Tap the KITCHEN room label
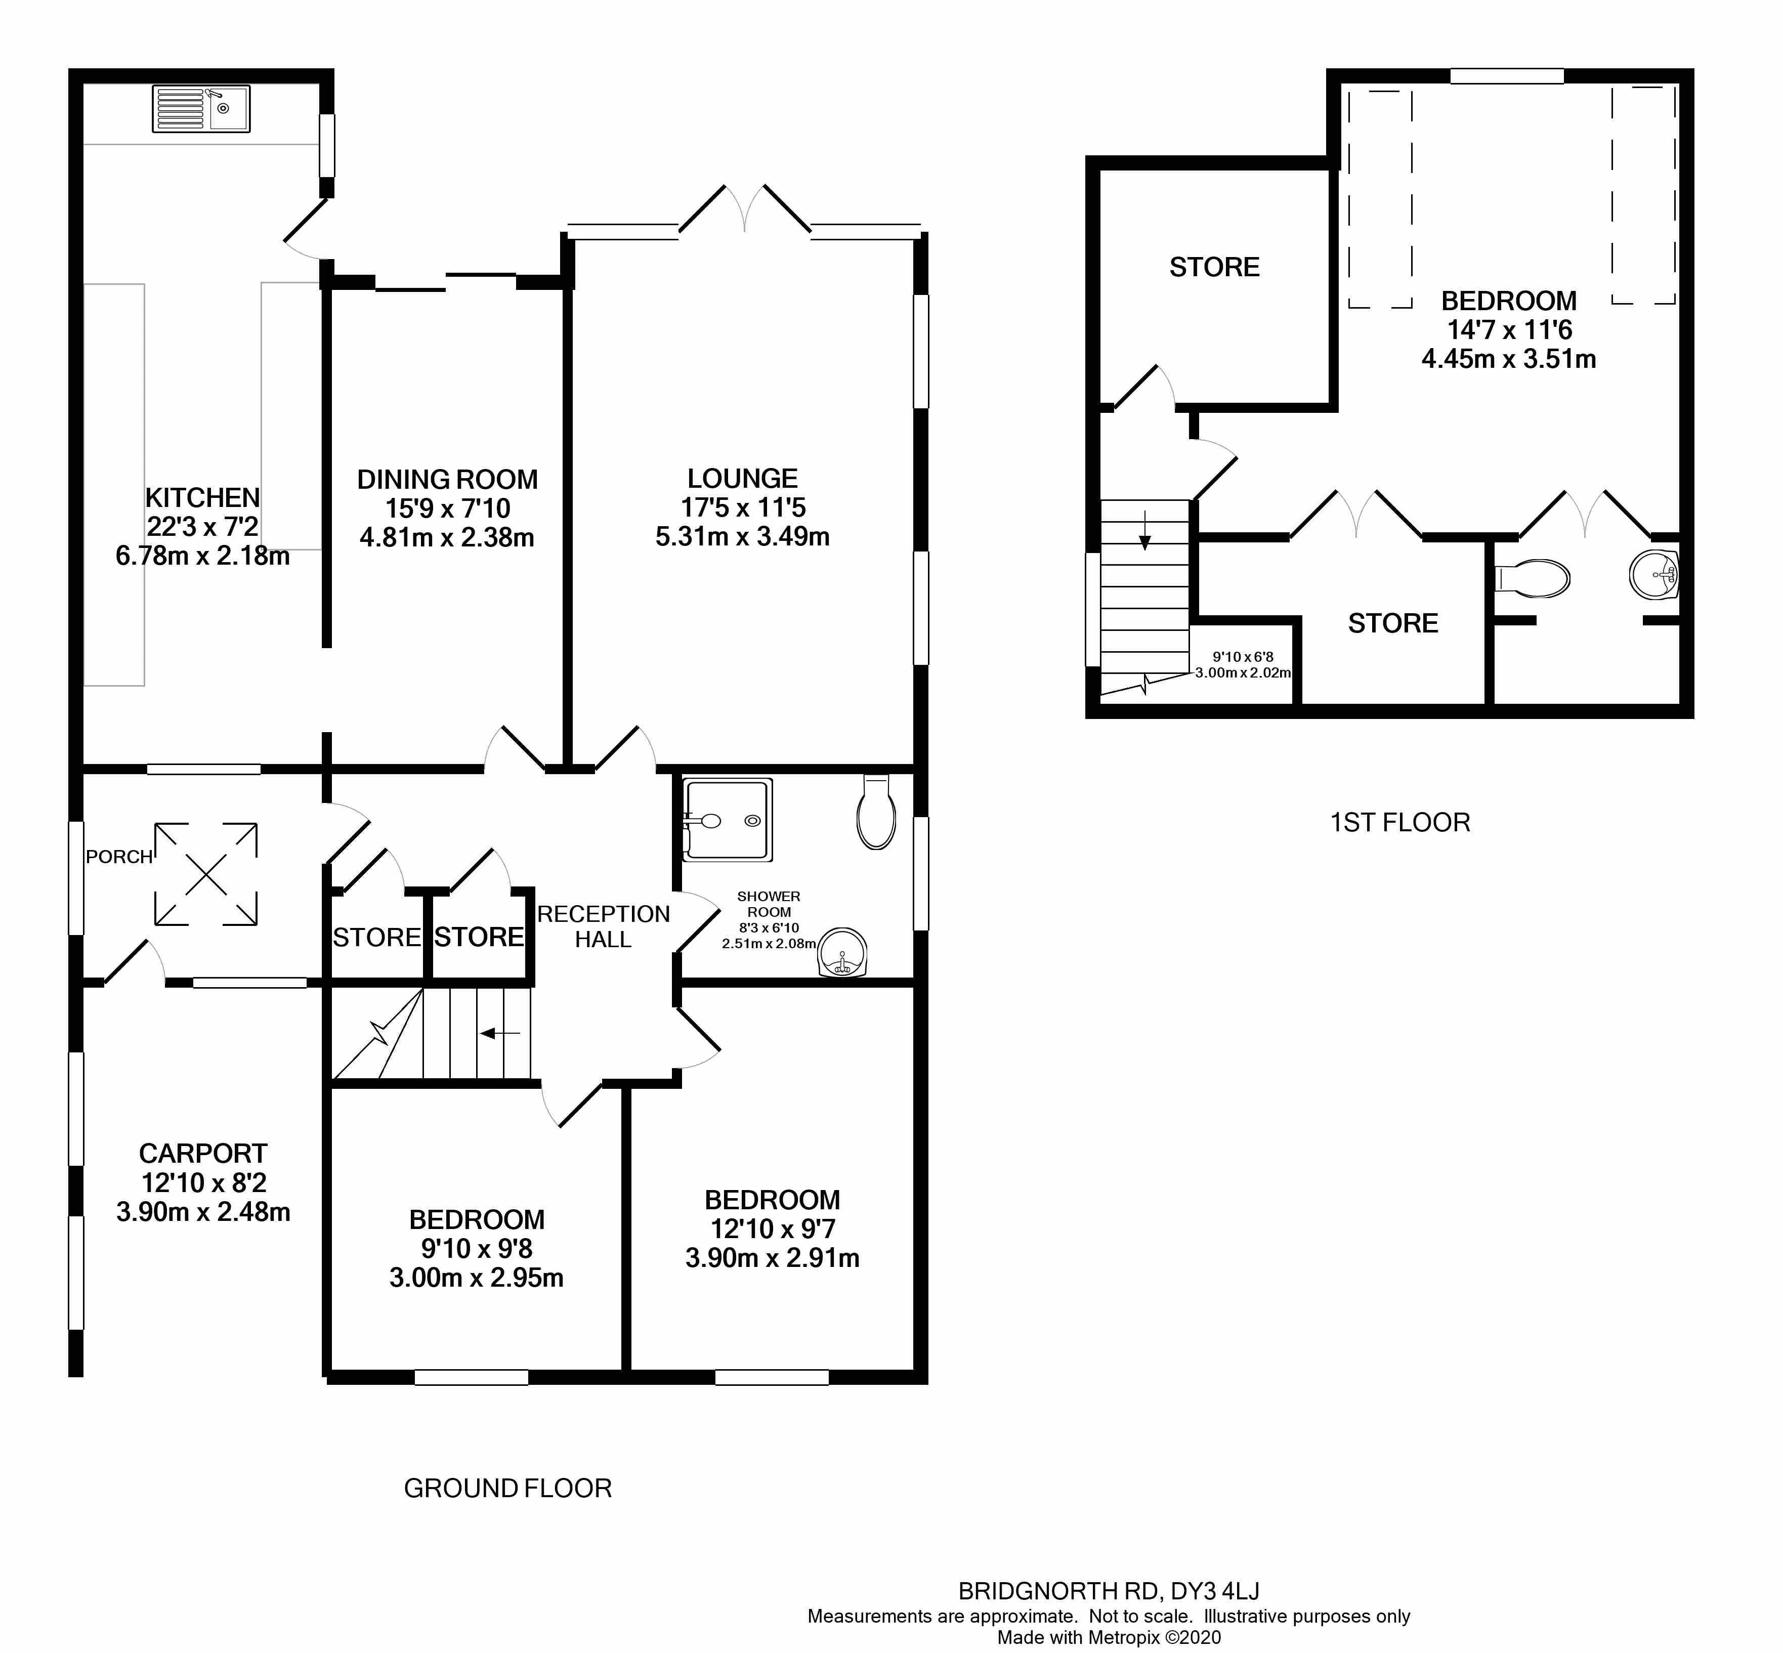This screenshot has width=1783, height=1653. [202, 497]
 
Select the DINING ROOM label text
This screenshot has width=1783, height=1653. [447, 480]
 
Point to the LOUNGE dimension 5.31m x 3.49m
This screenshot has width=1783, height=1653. [743, 537]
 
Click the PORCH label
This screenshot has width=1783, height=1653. [119, 857]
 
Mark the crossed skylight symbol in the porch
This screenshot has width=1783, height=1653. [206, 874]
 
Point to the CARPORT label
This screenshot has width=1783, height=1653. [203, 1154]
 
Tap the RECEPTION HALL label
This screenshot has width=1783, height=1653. [603, 927]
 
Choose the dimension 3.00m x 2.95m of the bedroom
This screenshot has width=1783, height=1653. [476, 1278]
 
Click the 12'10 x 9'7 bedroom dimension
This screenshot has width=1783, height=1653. [772, 1229]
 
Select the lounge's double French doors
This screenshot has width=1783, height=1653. [744, 210]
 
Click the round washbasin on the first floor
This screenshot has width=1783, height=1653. [1652, 574]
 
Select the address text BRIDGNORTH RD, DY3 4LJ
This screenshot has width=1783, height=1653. [1109, 1591]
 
